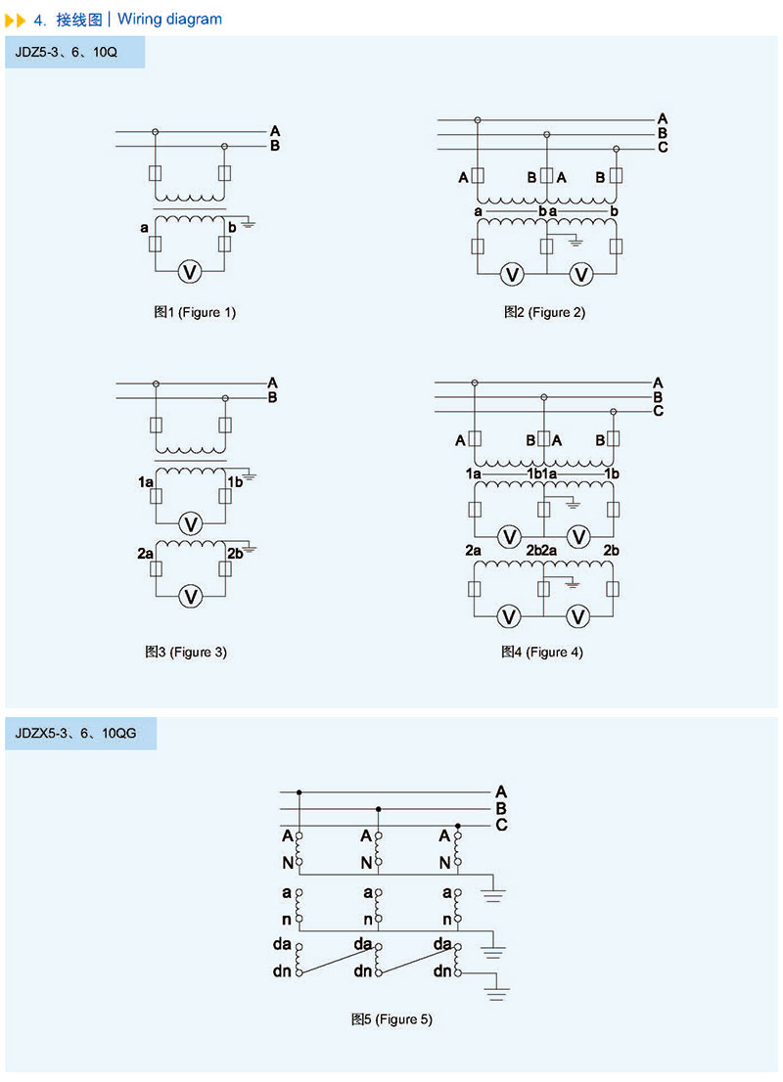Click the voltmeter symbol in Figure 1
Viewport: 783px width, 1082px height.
(x=190, y=272)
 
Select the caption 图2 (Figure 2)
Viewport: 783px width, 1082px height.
(x=544, y=313)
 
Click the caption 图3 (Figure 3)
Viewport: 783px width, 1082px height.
(x=186, y=652)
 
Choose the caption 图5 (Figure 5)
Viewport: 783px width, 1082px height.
(x=391, y=1019)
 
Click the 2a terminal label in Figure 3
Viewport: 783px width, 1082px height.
(x=145, y=554)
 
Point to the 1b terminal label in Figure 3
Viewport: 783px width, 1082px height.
(x=235, y=482)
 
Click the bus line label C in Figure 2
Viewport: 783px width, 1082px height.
(x=663, y=148)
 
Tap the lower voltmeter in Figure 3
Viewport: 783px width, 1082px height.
(x=193, y=596)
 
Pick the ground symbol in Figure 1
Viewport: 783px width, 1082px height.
(x=249, y=224)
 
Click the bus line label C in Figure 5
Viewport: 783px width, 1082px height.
(x=500, y=825)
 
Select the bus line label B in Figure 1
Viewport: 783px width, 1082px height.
(x=275, y=147)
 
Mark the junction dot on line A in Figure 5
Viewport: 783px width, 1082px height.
(x=299, y=791)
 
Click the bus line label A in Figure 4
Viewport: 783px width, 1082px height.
(x=659, y=382)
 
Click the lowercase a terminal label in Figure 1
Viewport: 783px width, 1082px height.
(x=144, y=228)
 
